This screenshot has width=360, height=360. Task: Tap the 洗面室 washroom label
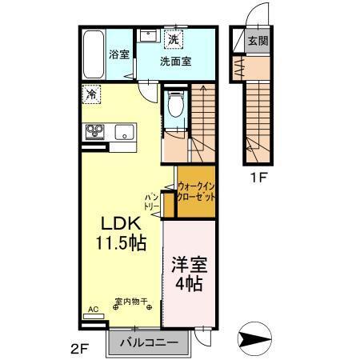pyautogui.click(x=175, y=61)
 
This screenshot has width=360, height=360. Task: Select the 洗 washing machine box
pyautogui.click(x=174, y=38)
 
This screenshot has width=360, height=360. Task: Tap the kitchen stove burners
pyautogui.click(x=96, y=132)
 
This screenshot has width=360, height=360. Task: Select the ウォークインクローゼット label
pyautogui.click(x=197, y=190)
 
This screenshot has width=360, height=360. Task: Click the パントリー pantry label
pyautogui.click(x=152, y=201)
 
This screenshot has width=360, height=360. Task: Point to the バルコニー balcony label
pyautogui.click(x=150, y=343)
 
